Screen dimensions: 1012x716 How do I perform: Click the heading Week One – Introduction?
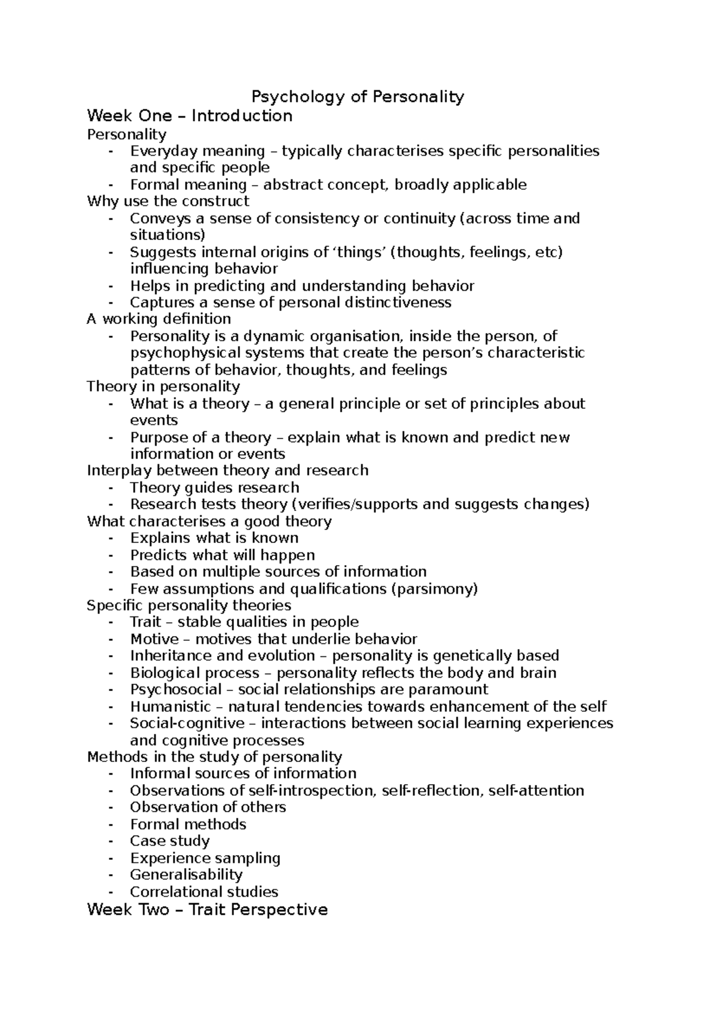pos(190,116)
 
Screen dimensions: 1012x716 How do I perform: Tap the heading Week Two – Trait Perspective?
pos(207,909)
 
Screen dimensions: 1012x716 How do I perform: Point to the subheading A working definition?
pos(159,319)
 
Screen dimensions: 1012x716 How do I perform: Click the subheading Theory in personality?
pos(163,386)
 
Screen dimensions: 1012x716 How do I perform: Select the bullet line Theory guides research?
pos(214,488)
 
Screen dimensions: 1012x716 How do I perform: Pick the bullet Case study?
pos(170,841)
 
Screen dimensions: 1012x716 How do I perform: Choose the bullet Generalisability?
pos(186,875)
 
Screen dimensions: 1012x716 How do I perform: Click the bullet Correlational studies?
pos(204,891)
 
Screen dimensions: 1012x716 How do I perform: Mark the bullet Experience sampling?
pos(205,858)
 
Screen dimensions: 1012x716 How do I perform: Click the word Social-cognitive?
pos(187,723)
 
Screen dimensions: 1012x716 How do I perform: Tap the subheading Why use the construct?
pos(168,201)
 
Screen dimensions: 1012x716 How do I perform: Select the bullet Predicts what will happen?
pos(223,555)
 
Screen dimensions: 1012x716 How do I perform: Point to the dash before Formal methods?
pos(111,825)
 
